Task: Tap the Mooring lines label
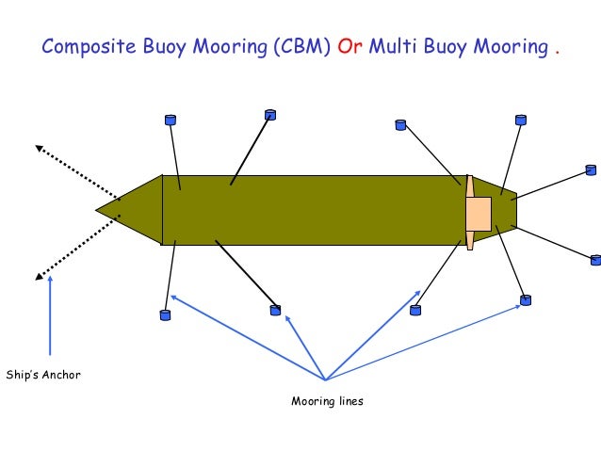pyautogui.click(x=327, y=402)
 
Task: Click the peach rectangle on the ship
pyautogui.click(x=479, y=213)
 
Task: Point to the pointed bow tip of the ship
pyautogui.click(x=98, y=209)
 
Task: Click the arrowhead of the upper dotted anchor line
pyautogui.click(x=39, y=147)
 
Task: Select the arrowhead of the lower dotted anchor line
pyautogui.click(x=39, y=277)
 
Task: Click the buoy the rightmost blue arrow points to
pyautogui.click(x=526, y=301)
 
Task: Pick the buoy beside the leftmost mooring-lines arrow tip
pyautogui.click(x=166, y=314)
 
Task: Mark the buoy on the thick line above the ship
pyautogui.click(x=270, y=115)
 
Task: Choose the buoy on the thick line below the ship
pyautogui.click(x=275, y=309)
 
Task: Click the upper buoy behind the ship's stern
pyautogui.click(x=591, y=170)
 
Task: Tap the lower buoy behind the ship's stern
pyautogui.click(x=594, y=260)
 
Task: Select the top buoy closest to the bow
pyautogui.click(x=170, y=120)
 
